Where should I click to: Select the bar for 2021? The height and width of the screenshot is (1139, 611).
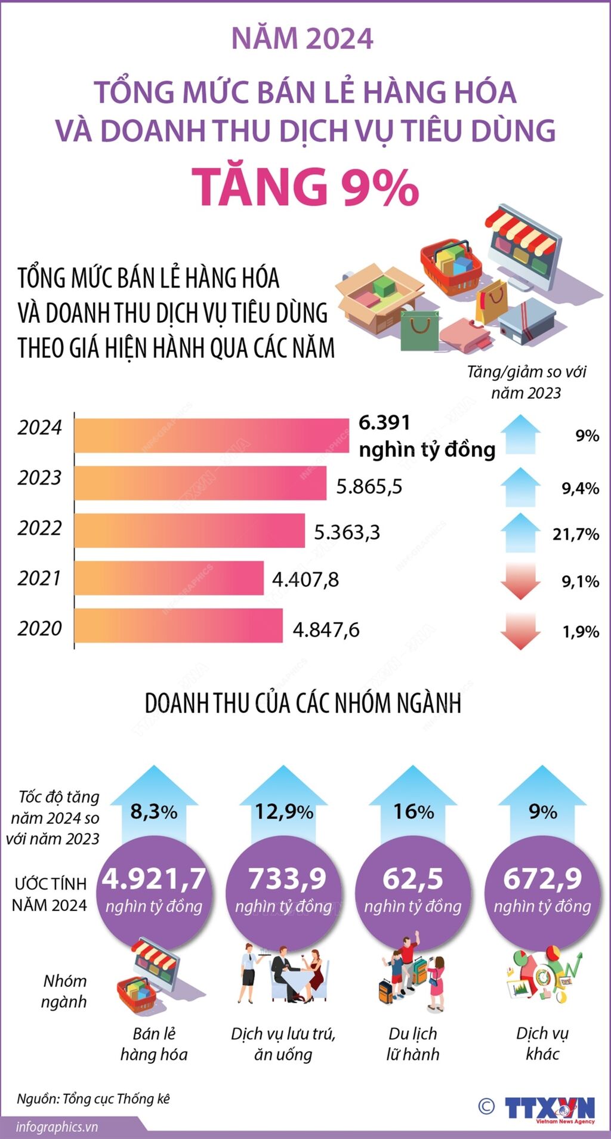pyautogui.click(x=169, y=578)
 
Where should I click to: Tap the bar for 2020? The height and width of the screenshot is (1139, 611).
pyautogui.click(x=178, y=626)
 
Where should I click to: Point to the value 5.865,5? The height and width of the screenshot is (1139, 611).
pyautogui.click(x=369, y=486)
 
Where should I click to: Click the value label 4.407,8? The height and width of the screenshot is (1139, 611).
pyautogui.click(x=305, y=579)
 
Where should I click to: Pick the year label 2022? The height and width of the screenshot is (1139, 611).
pyautogui.click(x=39, y=528)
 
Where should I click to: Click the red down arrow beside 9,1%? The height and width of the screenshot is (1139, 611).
pyautogui.click(x=520, y=581)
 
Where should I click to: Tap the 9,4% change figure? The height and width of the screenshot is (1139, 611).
pyautogui.click(x=580, y=489)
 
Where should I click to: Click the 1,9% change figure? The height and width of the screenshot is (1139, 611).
pyautogui.click(x=581, y=631)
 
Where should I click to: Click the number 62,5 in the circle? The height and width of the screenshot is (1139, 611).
pyautogui.click(x=413, y=879)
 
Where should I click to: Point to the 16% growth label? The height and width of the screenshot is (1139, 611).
pyautogui.click(x=413, y=811)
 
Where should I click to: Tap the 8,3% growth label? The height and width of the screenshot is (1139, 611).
pyautogui.click(x=154, y=811)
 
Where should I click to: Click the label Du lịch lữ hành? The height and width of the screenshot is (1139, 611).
pyautogui.click(x=413, y=1044)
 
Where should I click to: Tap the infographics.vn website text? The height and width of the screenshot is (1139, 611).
pyautogui.click(x=57, y=1126)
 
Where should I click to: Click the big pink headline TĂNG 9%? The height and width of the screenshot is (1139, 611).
pyautogui.click(x=305, y=187)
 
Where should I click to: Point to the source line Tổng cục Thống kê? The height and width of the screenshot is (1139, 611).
pyautogui.click(x=94, y=1098)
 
